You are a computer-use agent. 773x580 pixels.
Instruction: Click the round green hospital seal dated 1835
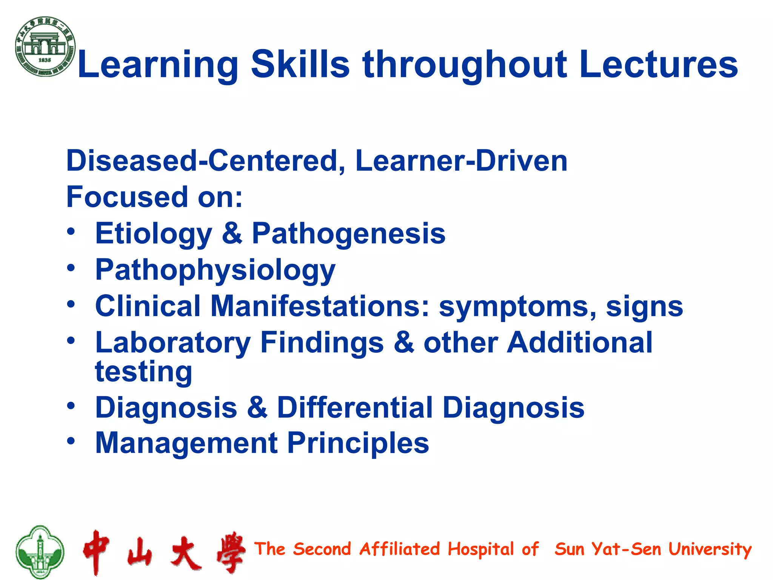point(45,46)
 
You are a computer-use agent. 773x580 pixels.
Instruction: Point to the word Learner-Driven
point(461,161)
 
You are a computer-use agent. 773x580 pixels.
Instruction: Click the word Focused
point(127,197)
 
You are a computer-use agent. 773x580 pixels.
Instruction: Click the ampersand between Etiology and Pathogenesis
point(232,233)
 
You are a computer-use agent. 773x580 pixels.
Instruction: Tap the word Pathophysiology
point(215,270)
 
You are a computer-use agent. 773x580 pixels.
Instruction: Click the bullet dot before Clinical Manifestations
point(71,304)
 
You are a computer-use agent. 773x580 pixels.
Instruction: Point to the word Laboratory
point(173,343)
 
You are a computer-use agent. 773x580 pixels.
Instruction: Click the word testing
point(143,372)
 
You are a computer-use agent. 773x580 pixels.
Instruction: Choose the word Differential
point(355,408)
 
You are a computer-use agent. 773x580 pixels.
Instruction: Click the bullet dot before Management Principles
point(71,441)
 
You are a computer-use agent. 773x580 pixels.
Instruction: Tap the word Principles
point(358,443)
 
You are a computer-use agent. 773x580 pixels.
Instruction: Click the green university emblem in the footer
point(40,552)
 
